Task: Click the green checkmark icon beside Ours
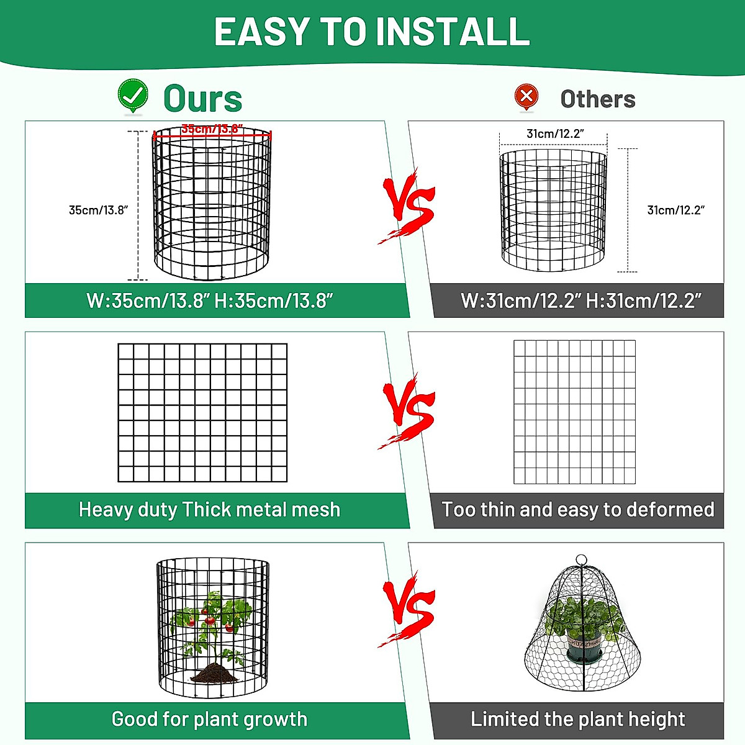pos(133,95)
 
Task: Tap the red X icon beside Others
pos(526,96)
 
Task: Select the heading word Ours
pos(202,99)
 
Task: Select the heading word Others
pos(597,99)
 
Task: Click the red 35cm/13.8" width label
pos(211,129)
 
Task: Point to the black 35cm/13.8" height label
pos(98,210)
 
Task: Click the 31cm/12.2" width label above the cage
pos(555,133)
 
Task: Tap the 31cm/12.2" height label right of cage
pos(675,210)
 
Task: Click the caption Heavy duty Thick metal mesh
pos(209,510)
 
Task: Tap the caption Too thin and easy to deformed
pos(577,510)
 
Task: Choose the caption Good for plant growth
pos(209,719)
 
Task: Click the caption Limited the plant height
pos(577,719)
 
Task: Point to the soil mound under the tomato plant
pos(214,672)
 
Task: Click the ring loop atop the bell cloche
pos(581,560)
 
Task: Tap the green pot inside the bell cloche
pos(584,649)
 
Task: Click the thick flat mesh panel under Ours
pos(202,412)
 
